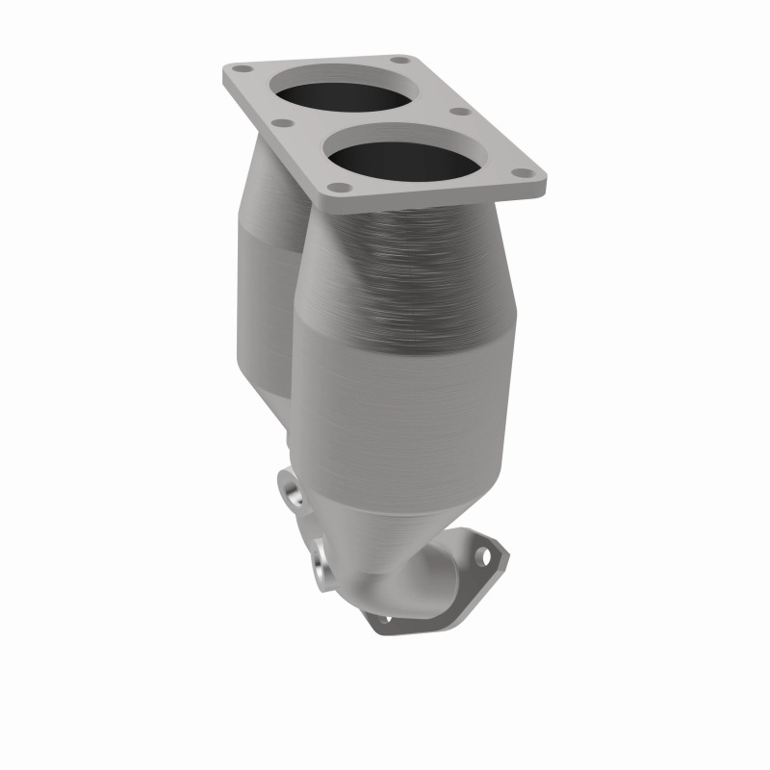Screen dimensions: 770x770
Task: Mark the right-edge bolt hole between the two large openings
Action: tap(461, 111)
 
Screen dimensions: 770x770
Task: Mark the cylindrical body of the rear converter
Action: tap(265, 308)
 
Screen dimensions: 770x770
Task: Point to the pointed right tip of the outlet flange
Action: tap(504, 551)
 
